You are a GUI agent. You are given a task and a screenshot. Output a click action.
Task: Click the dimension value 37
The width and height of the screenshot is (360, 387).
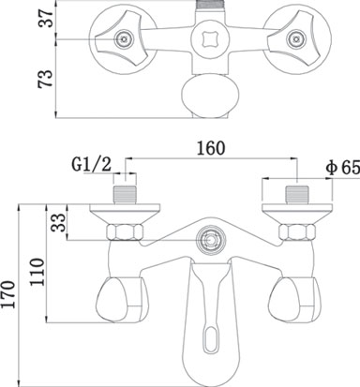click(46, 18)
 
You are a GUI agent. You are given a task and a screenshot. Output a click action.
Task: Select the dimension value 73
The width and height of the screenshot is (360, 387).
click(45, 79)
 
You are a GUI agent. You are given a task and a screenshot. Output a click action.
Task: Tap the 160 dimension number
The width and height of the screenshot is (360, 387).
click(211, 148)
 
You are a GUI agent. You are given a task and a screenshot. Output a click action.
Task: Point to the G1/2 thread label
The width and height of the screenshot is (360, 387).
click(92, 164)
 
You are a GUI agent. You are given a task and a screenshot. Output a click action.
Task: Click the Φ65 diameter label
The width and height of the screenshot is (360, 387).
click(343, 169)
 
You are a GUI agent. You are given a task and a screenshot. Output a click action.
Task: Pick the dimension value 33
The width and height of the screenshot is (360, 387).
click(59, 222)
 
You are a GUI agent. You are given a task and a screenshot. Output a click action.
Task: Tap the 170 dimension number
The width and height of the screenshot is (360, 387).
click(8, 294)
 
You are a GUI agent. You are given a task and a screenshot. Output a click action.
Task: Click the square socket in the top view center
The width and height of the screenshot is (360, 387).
click(208, 38)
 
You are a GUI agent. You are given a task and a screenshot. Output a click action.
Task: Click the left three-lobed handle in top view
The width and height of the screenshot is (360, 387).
click(122, 38)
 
